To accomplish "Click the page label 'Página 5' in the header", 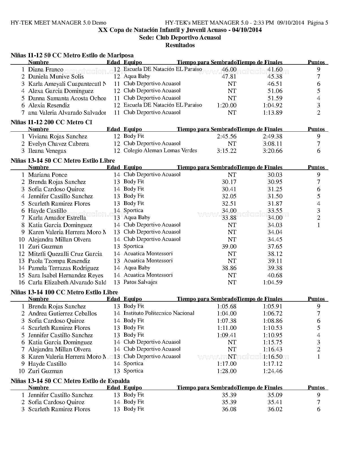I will [x=318, y=23].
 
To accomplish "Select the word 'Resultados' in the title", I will [x=180, y=45].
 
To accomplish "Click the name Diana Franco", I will [x=46, y=69].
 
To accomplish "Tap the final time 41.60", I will [x=275, y=69].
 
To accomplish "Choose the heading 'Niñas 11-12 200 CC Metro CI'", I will [x=51, y=122].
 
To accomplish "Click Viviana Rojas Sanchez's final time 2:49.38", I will [x=272, y=136].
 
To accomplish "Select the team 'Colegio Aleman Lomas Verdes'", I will [x=160, y=151].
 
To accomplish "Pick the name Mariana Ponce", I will [x=48, y=175].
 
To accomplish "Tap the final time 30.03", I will [x=275, y=175].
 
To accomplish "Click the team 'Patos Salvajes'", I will [x=140, y=282].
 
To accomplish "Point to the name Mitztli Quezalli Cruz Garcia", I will [x=65, y=254].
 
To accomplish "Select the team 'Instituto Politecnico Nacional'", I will [x=159, y=313].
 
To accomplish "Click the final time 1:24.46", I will [x=272, y=371].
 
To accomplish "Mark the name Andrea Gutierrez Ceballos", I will [x=62, y=313].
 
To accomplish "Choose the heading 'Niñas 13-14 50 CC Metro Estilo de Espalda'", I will [x=70, y=381].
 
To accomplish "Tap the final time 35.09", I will [x=275, y=395].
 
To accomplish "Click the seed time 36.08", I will [x=229, y=410].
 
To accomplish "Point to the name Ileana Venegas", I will [x=47, y=151].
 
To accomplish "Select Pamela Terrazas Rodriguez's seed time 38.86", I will [x=229, y=268].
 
